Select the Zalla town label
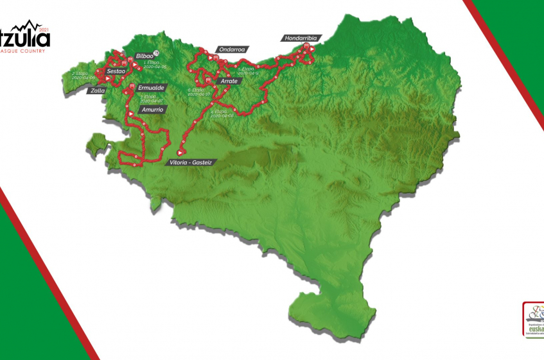point(96,90)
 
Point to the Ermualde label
point(152,87)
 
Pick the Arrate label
point(229,81)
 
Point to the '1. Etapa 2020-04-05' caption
point(155,65)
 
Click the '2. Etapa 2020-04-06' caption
point(83,76)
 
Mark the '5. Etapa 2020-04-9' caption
point(248,71)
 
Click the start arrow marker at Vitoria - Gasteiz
point(180,153)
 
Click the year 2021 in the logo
point(44,30)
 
